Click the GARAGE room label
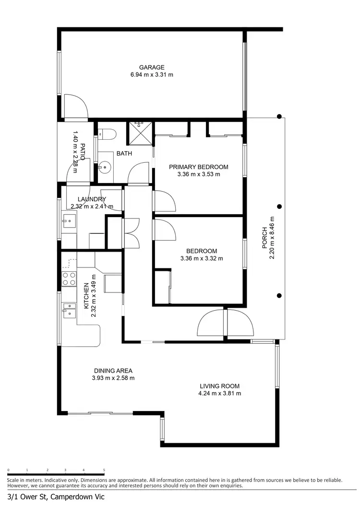click(x=152, y=68)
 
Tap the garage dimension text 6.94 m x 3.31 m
click(x=152, y=75)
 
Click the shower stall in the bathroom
click(x=140, y=133)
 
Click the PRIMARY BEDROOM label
click(x=198, y=167)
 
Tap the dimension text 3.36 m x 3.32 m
click(x=202, y=258)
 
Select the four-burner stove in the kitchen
click(x=69, y=279)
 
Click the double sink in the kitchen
click(x=69, y=310)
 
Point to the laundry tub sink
click(x=69, y=222)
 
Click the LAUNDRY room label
click(x=92, y=199)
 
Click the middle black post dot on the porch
click(x=279, y=206)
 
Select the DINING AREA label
click(x=113, y=371)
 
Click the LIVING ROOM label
click(x=220, y=386)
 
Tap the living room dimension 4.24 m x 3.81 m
click(x=220, y=393)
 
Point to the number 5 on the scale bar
click(x=104, y=471)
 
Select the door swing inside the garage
click(x=75, y=107)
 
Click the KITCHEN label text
click(x=86, y=295)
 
